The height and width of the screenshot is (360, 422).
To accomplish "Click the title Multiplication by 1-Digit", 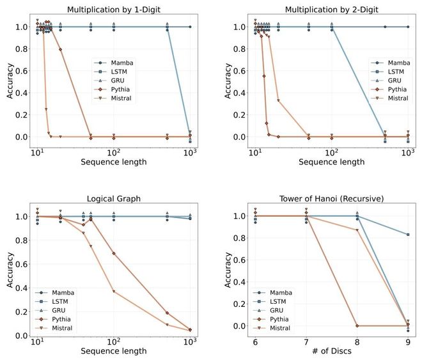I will pos(114,8).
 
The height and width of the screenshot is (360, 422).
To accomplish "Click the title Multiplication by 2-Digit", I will pos(331,8).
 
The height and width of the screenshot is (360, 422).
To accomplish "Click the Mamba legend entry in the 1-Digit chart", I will pos(125,63).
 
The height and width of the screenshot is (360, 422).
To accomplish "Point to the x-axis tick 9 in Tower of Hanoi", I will pos(407,342).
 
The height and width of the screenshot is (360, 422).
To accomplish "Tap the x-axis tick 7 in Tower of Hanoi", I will pos(305,342).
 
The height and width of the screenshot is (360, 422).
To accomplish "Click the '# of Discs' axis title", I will pos(331,351).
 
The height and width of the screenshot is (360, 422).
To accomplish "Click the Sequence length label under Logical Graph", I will pos(114,351).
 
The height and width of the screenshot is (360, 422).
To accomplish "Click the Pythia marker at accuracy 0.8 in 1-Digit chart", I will pos(60,49).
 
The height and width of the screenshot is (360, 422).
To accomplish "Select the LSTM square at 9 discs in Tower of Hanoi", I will pos(407,235).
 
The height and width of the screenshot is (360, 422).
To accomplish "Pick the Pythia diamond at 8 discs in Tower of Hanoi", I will pos(356,325).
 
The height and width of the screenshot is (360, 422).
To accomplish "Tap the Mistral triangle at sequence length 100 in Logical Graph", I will pos(114,292).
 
